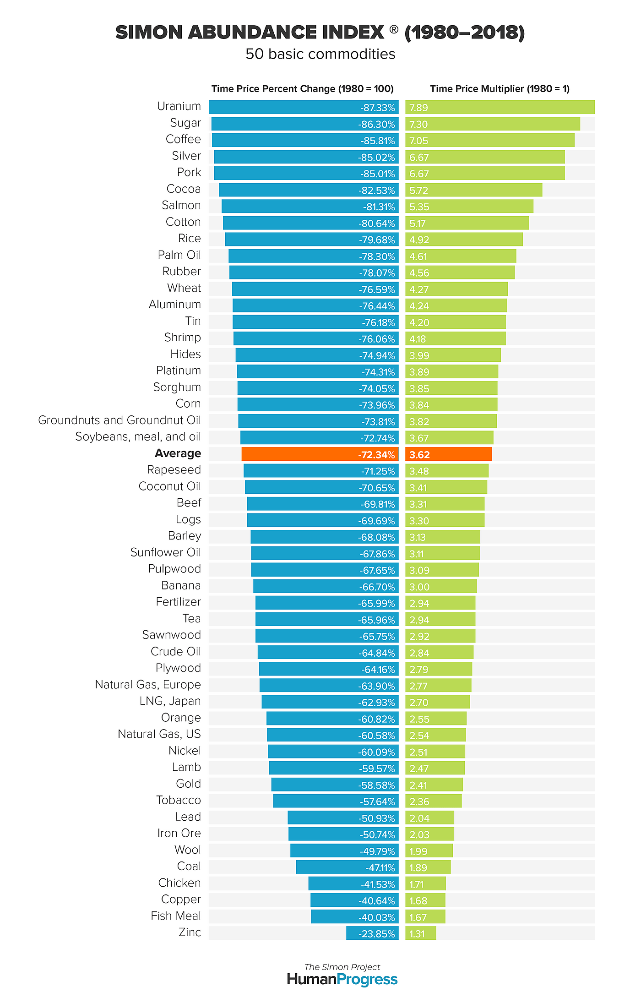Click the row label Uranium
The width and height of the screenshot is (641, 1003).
pyautogui.click(x=179, y=106)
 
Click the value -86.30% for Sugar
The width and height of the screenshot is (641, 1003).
pyautogui.click(x=376, y=124)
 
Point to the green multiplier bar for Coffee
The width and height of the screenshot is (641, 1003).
pyautogui.click(x=490, y=140)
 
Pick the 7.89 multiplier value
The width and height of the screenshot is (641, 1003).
pyautogui.click(x=418, y=108)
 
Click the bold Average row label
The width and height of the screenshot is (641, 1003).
pyautogui.click(x=178, y=453)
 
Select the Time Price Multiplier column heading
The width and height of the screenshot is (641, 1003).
pyautogui.click(x=500, y=89)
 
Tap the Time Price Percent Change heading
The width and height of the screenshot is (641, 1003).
pyautogui.click(x=302, y=89)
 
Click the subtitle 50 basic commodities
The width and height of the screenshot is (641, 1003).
pyautogui.click(x=320, y=54)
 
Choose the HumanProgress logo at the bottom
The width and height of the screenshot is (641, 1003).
pyautogui.click(x=342, y=980)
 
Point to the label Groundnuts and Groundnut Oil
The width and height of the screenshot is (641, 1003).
pyautogui.click(x=119, y=420)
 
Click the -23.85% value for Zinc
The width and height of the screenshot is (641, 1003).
pyautogui.click(x=376, y=934)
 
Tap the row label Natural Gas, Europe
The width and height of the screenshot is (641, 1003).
pyautogui.click(x=147, y=685)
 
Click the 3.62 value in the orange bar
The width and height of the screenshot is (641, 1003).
pyautogui.click(x=419, y=455)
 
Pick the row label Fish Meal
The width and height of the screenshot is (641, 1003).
pyautogui.click(x=175, y=916)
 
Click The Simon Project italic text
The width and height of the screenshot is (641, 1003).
pyautogui.click(x=342, y=967)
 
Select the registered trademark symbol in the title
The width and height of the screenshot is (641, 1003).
pyautogui.click(x=394, y=29)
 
